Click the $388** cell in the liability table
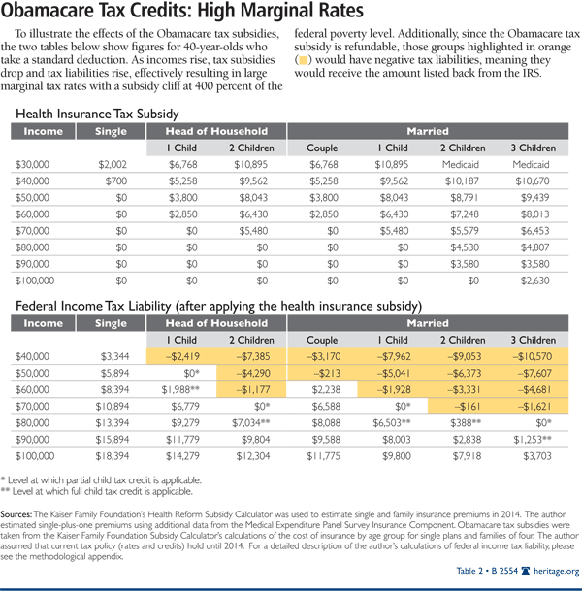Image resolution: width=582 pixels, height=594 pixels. (x=466, y=425)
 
